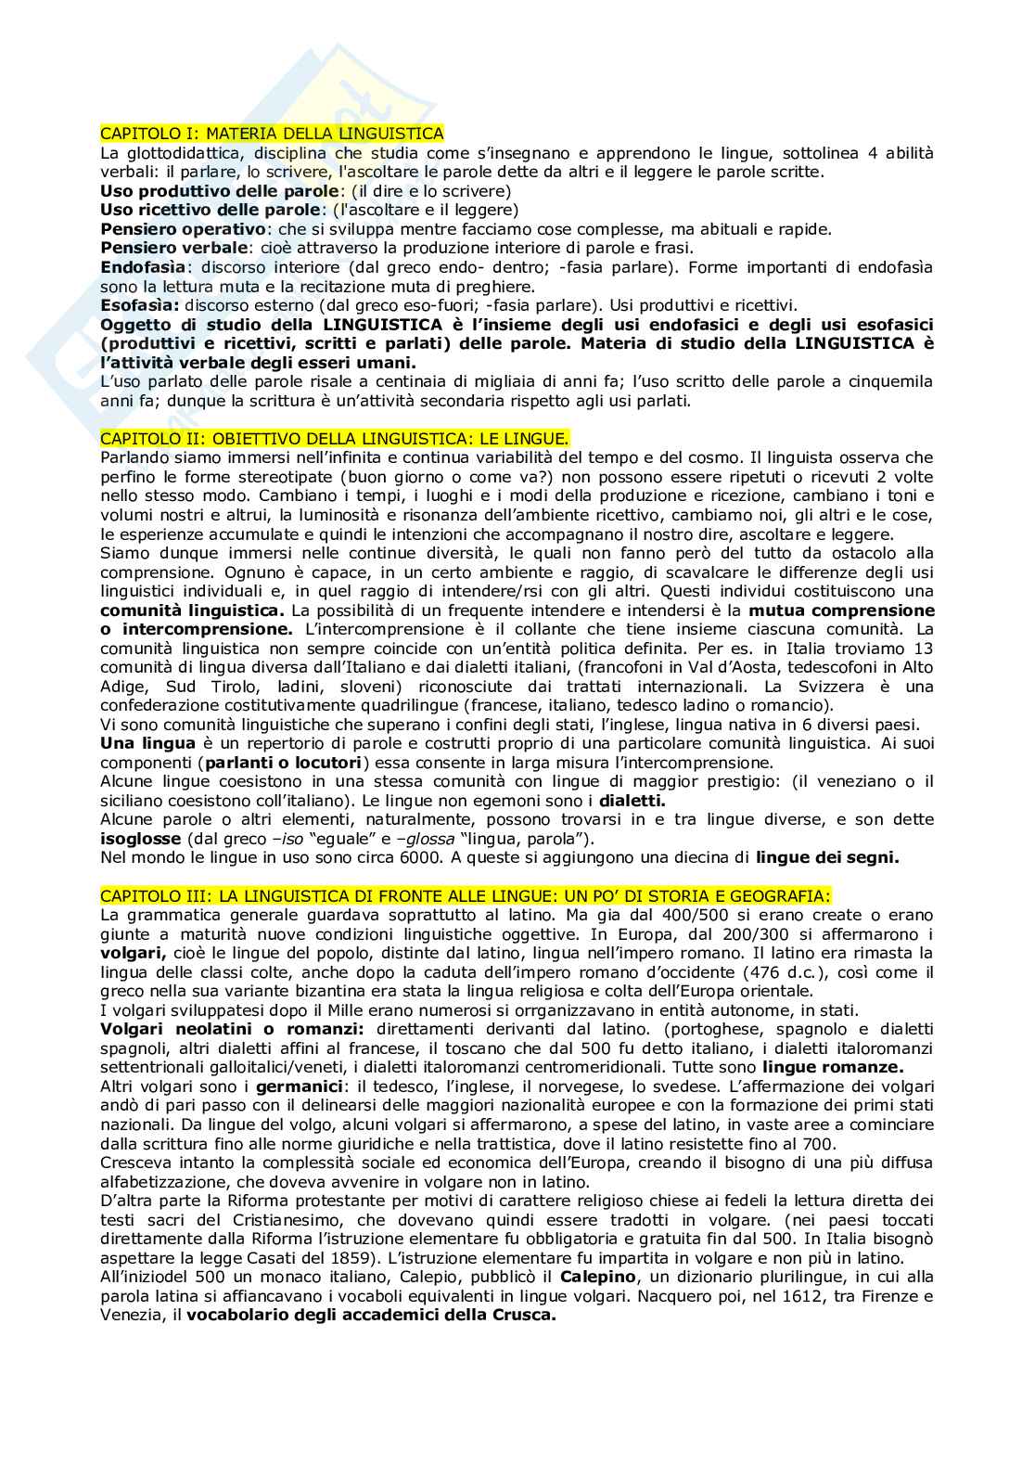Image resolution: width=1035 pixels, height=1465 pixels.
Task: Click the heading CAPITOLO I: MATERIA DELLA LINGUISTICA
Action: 272,134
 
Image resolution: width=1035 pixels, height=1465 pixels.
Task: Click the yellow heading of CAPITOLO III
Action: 466,895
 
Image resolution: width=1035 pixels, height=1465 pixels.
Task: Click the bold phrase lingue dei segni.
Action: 827,857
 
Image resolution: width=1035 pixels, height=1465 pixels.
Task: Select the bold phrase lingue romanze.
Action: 840,1067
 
